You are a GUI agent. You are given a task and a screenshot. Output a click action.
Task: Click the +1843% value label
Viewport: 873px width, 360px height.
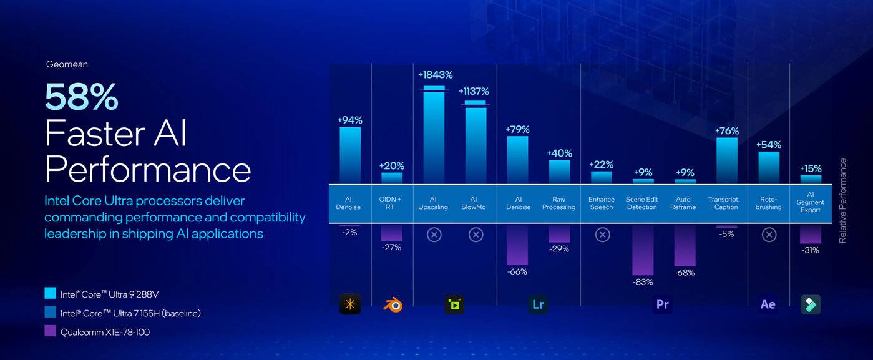434,75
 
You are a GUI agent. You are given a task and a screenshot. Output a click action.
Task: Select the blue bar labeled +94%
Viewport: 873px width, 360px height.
350,155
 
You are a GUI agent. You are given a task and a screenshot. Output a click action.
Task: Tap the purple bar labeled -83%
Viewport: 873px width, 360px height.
643,249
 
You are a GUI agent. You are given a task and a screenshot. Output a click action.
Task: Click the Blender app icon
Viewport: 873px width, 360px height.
392,304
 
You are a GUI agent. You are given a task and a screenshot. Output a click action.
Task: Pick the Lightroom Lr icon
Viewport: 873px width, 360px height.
538,304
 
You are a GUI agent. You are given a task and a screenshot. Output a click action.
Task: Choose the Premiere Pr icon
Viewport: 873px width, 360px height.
663,304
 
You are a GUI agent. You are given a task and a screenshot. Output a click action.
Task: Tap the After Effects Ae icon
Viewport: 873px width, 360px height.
768,304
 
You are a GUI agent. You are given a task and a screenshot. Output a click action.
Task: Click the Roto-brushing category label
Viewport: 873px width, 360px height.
768,203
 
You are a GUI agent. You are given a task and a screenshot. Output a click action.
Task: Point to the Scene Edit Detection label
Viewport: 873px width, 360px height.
642,203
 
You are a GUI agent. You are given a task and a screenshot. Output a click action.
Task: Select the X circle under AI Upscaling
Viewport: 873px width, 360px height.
434,235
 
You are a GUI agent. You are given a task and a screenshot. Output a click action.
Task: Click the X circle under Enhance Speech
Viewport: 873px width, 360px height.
602,235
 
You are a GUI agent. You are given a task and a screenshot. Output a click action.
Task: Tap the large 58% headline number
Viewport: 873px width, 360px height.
82,97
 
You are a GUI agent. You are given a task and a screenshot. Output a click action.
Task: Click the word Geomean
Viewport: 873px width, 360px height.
67,64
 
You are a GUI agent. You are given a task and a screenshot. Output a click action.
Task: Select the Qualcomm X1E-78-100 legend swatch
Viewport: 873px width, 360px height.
51,332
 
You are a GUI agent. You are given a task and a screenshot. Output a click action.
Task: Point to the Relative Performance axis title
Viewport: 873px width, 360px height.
842,201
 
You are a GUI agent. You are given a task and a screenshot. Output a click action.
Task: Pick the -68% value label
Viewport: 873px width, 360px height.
685,273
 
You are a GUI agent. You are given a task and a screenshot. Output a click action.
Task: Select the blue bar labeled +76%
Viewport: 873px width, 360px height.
727,160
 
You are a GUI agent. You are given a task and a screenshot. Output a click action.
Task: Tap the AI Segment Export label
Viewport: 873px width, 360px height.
811,202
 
